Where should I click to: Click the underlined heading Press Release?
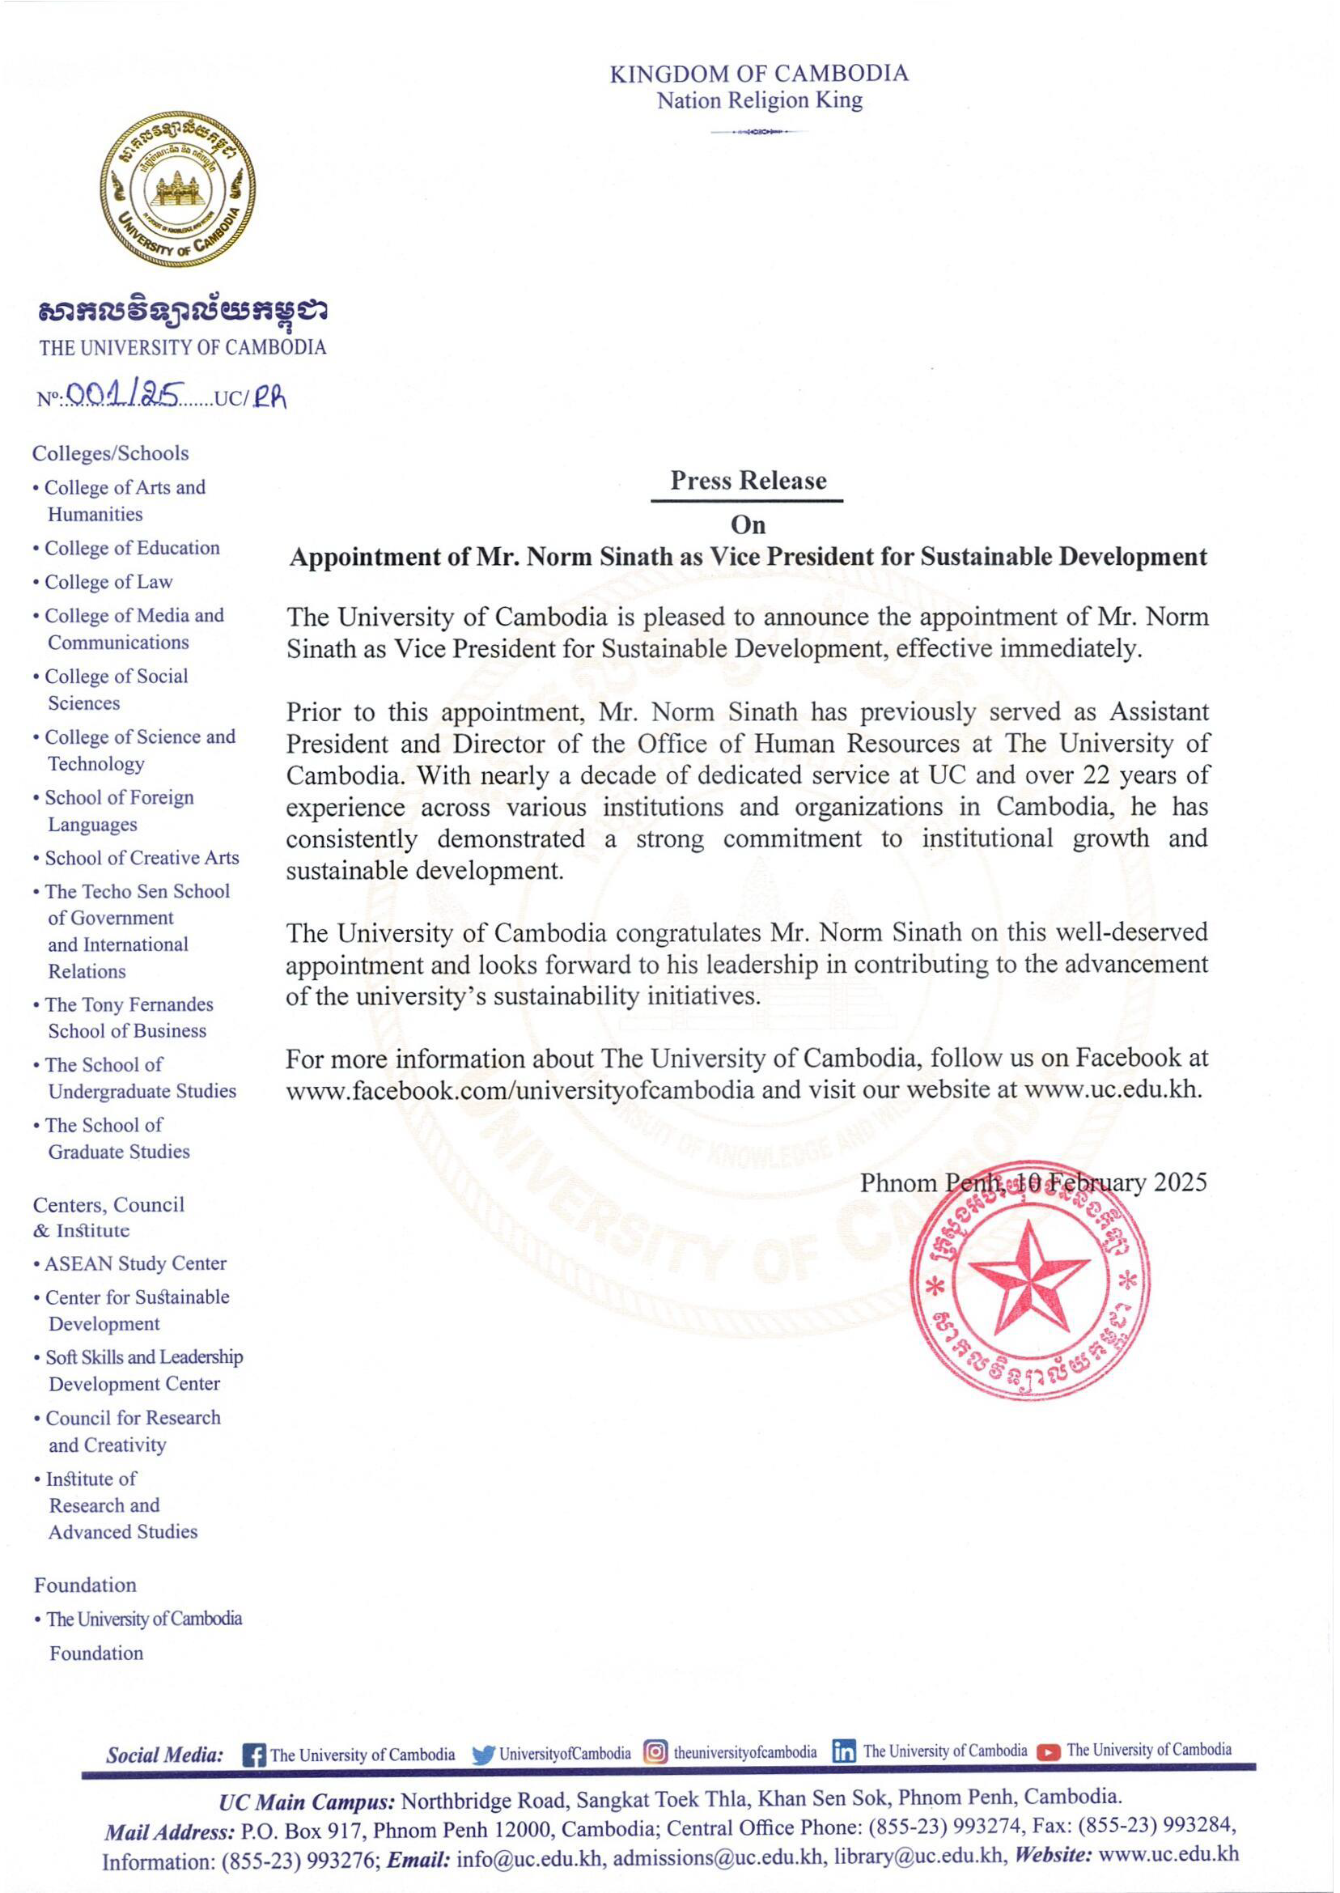point(748,480)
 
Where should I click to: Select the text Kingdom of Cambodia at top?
point(758,74)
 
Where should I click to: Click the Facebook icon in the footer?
point(254,1755)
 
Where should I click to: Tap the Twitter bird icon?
point(484,1755)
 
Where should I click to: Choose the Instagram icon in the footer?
point(655,1752)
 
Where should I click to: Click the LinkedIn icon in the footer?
point(843,1752)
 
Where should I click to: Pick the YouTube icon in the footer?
point(1048,1752)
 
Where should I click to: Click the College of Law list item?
point(108,582)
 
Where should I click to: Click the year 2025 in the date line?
point(1180,1182)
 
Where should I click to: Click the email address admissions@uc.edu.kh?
point(718,1857)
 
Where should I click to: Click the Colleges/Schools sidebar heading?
point(111,453)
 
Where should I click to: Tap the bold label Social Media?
point(165,1755)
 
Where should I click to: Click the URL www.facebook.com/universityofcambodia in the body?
point(519,1089)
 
